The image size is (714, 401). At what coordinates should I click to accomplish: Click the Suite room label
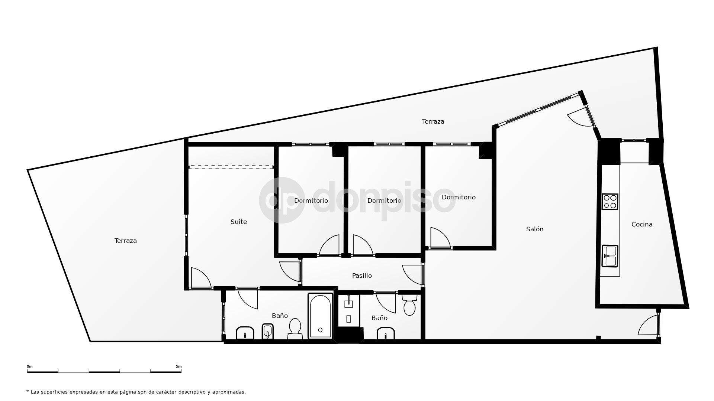click(238, 222)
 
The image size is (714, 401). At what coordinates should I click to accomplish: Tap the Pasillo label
click(362, 276)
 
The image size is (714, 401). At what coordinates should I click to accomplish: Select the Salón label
click(535, 229)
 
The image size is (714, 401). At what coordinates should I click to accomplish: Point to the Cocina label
click(642, 224)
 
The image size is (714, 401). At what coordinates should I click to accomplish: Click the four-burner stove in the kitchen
click(610, 202)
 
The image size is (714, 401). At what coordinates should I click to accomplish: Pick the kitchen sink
click(610, 256)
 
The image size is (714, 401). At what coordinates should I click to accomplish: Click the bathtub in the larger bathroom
click(320, 316)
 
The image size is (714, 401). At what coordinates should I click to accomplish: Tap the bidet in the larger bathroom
click(268, 331)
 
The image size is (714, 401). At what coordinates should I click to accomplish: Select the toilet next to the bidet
click(295, 329)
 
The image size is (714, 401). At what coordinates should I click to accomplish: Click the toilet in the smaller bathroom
click(409, 305)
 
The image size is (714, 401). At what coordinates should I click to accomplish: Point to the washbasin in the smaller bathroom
click(386, 333)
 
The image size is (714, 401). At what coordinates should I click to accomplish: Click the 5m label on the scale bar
click(178, 366)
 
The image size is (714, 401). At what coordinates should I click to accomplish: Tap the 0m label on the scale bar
click(30, 366)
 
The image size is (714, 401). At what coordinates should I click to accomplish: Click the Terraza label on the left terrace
click(126, 241)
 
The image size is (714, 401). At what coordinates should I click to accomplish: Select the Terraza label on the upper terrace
click(433, 121)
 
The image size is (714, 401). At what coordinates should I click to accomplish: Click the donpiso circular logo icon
click(280, 200)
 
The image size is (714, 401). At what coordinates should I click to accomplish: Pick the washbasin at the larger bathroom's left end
click(245, 333)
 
